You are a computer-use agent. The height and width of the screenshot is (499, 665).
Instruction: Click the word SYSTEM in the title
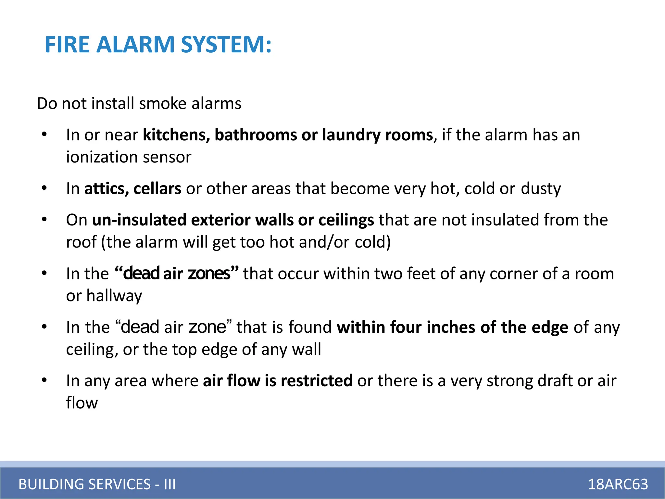[226, 45]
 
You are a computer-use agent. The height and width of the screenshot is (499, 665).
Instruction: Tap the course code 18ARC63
[618, 484]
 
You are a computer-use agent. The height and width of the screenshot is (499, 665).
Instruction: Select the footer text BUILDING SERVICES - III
[97, 484]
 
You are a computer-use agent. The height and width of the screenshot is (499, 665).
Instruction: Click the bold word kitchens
[176, 135]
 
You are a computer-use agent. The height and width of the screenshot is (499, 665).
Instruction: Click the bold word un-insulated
[139, 220]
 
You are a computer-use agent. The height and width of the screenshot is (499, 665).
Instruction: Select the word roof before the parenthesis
[82, 242]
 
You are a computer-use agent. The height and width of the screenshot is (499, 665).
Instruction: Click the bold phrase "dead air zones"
[177, 274]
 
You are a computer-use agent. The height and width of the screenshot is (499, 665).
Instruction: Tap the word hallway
[114, 296]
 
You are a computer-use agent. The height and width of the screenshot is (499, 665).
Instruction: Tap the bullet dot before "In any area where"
[44, 380]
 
